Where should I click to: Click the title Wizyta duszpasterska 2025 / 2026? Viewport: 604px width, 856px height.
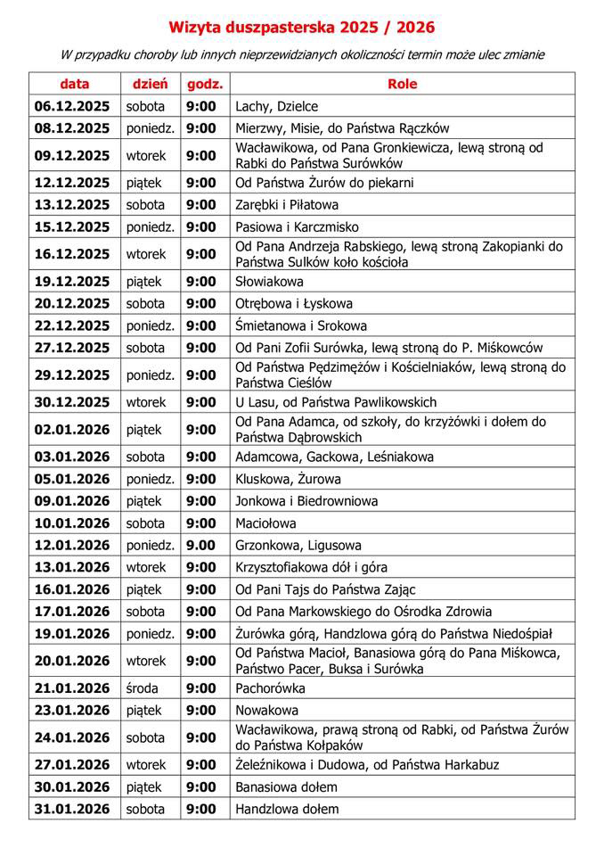pyautogui.click(x=302, y=28)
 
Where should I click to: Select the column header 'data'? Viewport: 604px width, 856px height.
pyautogui.click(x=75, y=84)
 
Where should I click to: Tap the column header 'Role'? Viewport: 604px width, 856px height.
pyautogui.click(x=402, y=84)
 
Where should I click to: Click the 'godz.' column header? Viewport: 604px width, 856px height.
pyautogui.click(x=204, y=84)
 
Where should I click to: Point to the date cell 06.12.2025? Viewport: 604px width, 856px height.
pyautogui.click(x=72, y=106)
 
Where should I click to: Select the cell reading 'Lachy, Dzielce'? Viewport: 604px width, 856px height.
pyautogui.click(x=276, y=106)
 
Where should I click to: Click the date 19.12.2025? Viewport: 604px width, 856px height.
pyautogui.click(x=72, y=282)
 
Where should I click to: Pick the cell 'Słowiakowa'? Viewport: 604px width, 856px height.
pyautogui.click(x=269, y=282)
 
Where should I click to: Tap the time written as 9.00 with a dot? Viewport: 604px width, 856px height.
pyautogui.click(x=201, y=545)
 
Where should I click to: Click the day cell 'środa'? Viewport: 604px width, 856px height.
pyautogui.click(x=143, y=688)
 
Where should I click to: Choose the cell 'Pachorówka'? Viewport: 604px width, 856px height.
pyautogui.click(x=271, y=688)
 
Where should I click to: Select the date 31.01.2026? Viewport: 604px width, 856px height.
pyautogui.click(x=72, y=810)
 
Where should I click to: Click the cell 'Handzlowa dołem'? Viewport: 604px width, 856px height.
pyautogui.click(x=287, y=810)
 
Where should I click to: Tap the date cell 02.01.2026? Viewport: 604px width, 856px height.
pyautogui.click(x=72, y=429)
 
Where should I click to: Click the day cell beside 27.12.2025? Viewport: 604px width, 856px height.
pyautogui.click(x=145, y=348)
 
